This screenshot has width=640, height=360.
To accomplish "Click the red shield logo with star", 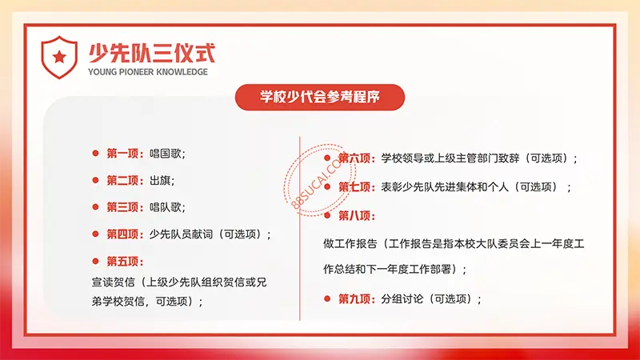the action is click(x=59, y=57).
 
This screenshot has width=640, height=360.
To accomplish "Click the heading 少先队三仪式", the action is click(x=152, y=53).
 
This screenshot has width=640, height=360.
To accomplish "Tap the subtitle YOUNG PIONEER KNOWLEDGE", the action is click(x=148, y=72).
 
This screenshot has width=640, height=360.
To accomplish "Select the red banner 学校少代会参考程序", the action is click(x=319, y=97).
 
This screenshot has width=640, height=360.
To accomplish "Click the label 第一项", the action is click(x=123, y=154).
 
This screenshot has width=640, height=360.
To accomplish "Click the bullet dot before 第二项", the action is click(x=95, y=180).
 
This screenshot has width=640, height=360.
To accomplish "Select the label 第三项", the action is click(x=123, y=207).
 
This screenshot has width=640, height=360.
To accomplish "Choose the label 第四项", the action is click(x=123, y=234).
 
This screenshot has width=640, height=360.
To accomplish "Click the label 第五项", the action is click(x=123, y=262).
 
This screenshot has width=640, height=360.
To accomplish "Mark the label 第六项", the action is click(x=354, y=158).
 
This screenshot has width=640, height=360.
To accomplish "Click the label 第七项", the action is click(x=354, y=187).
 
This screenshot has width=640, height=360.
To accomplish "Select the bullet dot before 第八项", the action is click(x=327, y=215).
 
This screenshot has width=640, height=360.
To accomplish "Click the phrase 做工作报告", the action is click(x=350, y=244).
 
